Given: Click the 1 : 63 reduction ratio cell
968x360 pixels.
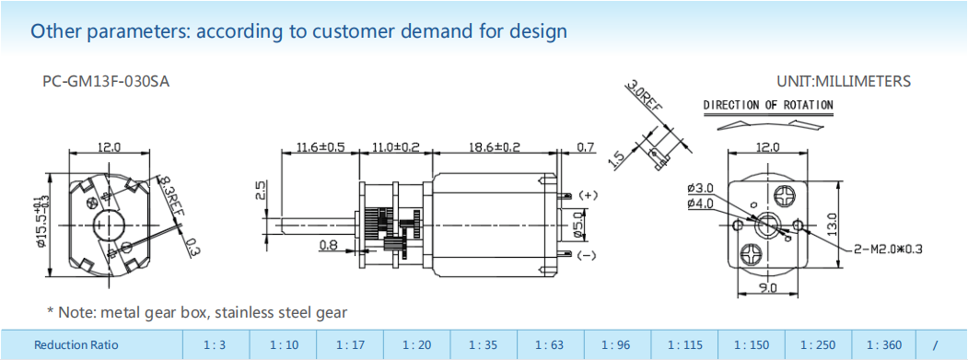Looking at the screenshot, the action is [x=550, y=345].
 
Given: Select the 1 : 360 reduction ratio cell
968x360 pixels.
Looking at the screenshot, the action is [x=884, y=345].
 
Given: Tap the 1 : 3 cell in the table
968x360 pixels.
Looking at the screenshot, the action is [x=216, y=345].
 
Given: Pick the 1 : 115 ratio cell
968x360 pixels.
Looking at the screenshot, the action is [x=684, y=345].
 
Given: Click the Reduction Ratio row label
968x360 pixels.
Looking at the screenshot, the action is [x=76, y=345].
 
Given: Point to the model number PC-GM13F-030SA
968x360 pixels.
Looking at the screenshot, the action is [x=106, y=82].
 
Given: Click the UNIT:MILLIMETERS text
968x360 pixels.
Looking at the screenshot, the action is [x=844, y=82].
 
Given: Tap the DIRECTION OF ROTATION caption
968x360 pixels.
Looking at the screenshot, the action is [x=768, y=105].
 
